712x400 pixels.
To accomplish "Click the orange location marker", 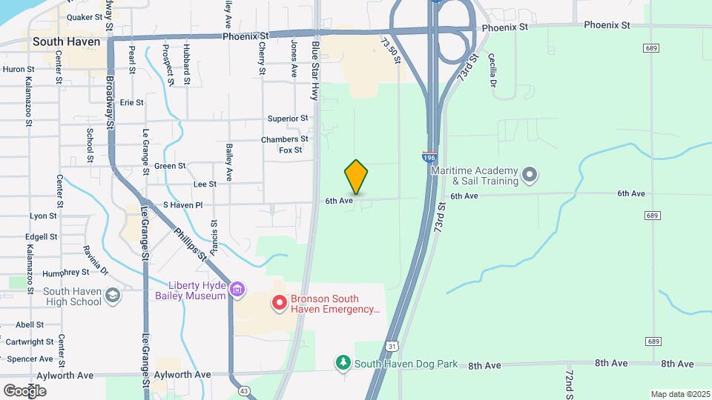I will pyautogui.click(x=356, y=176).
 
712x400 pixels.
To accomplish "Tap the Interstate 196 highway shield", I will pyautogui.click(x=429, y=157).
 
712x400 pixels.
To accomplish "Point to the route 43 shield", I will pyautogui.click(x=244, y=390).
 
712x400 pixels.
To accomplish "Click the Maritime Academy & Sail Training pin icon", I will pyautogui.click(x=529, y=176).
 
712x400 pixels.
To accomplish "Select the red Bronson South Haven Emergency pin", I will pyautogui.click(x=280, y=302).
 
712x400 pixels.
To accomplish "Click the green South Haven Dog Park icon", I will pyautogui.click(x=343, y=363).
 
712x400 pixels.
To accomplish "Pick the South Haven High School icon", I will pyautogui.click(x=111, y=296).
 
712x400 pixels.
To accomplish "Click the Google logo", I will pyautogui.click(x=25, y=390).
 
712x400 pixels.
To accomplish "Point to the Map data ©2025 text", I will pyautogui.click(x=680, y=394).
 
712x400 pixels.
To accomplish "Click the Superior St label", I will pyautogui.click(x=288, y=119).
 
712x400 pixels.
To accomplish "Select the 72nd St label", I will pyautogui.click(x=569, y=381).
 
